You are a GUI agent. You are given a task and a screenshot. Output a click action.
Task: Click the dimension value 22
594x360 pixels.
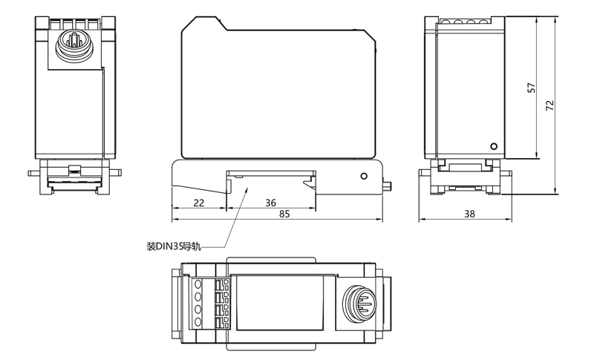(198, 203)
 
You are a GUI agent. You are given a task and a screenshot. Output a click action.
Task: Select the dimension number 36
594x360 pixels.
(270, 203)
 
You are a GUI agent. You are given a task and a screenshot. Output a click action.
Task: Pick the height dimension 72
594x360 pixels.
(549, 105)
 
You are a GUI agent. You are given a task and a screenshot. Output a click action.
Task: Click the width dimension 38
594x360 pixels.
(469, 214)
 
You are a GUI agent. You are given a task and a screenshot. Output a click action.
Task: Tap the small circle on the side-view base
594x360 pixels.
(364, 176)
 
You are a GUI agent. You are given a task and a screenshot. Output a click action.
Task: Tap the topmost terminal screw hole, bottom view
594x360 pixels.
(198, 284)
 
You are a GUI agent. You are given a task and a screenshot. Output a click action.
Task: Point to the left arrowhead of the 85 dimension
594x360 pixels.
(174, 220)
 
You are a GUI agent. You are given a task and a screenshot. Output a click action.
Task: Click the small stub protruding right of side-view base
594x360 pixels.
(388, 184)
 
